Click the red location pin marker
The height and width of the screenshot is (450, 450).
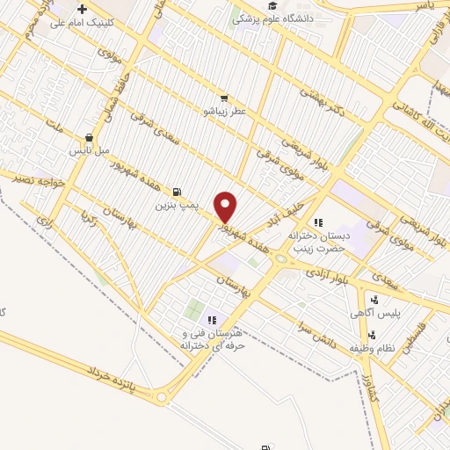(x=226, y=207)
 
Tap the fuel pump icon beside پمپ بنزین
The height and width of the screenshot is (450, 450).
(x=178, y=192)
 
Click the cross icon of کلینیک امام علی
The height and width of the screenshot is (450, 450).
(x=82, y=8)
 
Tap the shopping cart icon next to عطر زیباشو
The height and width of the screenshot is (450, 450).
(x=224, y=98)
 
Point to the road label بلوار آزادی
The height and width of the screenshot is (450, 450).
(x=326, y=274)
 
